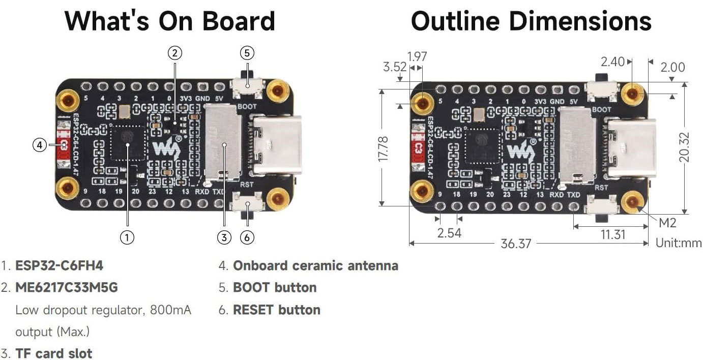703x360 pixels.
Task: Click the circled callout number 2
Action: (x=174, y=52)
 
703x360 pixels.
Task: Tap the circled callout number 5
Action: (x=247, y=53)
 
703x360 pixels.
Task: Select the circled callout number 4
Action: (x=40, y=145)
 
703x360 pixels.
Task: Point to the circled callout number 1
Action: (x=127, y=237)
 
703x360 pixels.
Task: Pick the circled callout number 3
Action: (x=224, y=237)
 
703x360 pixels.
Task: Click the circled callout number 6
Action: (x=247, y=237)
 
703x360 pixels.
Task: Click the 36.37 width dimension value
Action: (x=515, y=244)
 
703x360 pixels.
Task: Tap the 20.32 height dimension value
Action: (x=685, y=147)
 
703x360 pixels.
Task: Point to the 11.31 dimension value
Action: (x=612, y=234)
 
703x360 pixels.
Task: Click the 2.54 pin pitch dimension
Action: (x=449, y=233)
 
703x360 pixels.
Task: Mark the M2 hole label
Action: (x=667, y=223)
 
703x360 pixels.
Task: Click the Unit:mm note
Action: (x=678, y=243)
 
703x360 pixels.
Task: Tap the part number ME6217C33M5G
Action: (x=67, y=288)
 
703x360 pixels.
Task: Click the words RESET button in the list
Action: (x=276, y=310)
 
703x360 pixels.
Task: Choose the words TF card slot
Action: (x=54, y=353)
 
